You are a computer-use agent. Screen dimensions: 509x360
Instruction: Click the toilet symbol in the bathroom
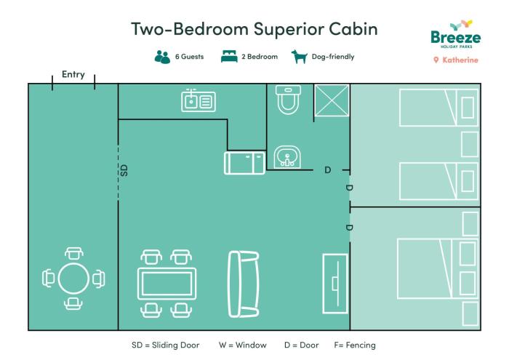click(x=288, y=100)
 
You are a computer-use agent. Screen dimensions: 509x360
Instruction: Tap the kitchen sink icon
click(x=199, y=100)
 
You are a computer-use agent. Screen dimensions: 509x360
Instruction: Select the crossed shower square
click(x=332, y=100)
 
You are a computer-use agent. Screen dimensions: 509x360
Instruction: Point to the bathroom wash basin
click(x=287, y=157)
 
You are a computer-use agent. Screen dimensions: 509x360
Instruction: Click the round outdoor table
click(x=73, y=279)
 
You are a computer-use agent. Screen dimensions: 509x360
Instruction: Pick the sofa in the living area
click(x=244, y=284)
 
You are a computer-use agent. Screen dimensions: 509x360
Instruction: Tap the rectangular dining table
click(x=167, y=284)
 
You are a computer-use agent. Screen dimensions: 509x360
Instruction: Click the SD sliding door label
click(x=124, y=170)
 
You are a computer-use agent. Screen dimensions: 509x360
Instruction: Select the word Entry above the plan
click(x=73, y=75)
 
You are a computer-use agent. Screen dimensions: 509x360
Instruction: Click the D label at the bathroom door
click(x=328, y=169)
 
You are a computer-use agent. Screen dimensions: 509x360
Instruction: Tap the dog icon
click(x=300, y=57)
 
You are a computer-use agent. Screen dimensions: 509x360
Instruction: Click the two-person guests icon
click(x=162, y=57)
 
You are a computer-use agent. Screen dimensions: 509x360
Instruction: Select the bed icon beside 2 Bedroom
click(x=229, y=57)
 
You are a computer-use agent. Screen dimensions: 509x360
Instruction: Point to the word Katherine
click(x=460, y=60)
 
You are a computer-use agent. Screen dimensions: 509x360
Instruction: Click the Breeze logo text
click(x=455, y=37)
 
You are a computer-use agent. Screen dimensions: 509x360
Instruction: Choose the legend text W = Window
click(x=242, y=345)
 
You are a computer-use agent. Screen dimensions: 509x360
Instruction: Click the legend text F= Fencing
click(x=355, y=345)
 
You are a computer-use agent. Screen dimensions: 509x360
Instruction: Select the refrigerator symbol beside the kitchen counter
click(x=245, y=163)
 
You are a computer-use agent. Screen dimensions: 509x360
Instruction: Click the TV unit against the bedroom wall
click(x=335, y=284)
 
